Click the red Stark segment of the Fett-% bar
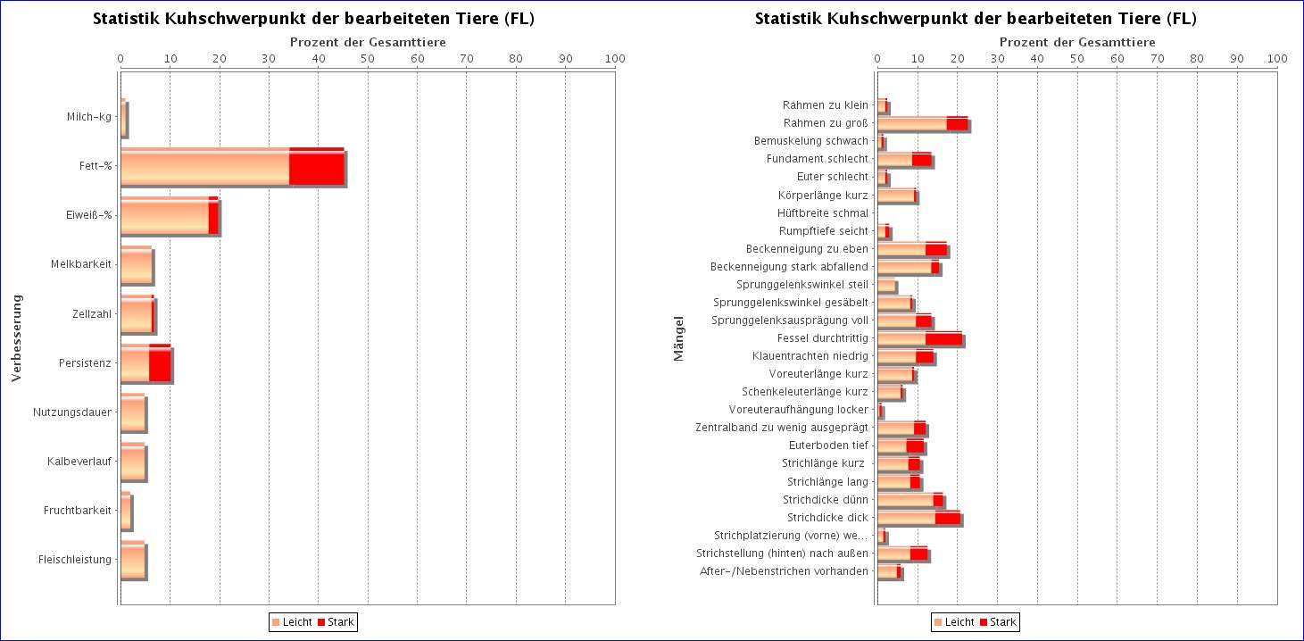tap(317, 167)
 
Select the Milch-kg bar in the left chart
tap(123, 118)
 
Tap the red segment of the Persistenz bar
tap(160, 362)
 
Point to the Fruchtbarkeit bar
tap(126, 510)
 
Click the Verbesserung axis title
tap(16, 337)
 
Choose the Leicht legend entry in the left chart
tap(292, 621)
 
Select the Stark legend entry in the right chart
tap(998, 621)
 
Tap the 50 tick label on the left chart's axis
tap(368, 58)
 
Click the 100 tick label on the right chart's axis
tap(1277, 58)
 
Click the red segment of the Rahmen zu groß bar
tap(957, 123)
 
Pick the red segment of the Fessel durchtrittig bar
tap(943, 338)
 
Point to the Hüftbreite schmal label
tap(823, 213)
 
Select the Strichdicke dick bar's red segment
tap(948, 518)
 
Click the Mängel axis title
tap(679, 338)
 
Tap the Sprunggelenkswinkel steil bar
tap(886, 285)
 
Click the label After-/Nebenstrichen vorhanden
tap(784, 571)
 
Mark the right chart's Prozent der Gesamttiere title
tap(1077, 42)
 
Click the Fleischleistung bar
tap(133, 560)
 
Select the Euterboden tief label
tap(828, 445)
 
